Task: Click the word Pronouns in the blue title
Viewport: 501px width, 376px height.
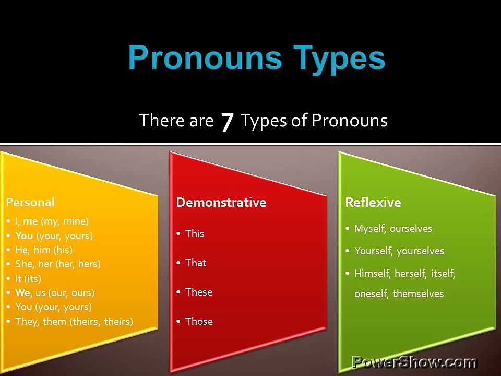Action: [x=205, y=57]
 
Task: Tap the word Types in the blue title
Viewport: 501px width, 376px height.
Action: [x=339, y=60]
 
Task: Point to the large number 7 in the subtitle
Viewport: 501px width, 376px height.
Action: [x=227, y=122]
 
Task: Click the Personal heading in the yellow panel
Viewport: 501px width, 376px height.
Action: [x=30, y=203]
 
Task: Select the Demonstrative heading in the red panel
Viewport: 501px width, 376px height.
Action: [x=221, y=203]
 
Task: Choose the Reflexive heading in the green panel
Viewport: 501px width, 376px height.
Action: [x=373, y=203]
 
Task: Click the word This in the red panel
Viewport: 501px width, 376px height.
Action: [x=195, y=234]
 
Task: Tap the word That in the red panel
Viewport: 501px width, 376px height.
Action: [x=196, y=263]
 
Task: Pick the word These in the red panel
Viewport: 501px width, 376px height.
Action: [x=199, y=292]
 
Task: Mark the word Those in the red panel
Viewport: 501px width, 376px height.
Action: [x=199, y=321]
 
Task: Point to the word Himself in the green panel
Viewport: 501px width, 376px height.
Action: [x=373, y=273]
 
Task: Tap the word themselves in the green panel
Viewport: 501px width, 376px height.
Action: [x=418, y=294]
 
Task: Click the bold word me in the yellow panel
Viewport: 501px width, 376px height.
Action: [x=30, y=221]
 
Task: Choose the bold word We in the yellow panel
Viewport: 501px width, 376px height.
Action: [x=22, y=292]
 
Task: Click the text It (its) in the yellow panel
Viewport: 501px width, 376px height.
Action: [x=28, y=278]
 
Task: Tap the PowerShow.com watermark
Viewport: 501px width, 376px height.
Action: [x=414, y=362]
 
